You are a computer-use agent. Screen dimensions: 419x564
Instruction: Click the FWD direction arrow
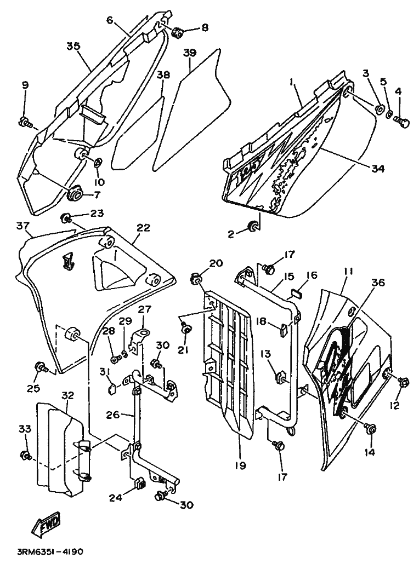[x=46, y=523]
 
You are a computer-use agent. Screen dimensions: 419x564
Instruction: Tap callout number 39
[x=190, y=53]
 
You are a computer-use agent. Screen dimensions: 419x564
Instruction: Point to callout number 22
[x=143, y=228]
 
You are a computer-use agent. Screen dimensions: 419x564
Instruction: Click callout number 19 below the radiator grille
[x=240, y=465]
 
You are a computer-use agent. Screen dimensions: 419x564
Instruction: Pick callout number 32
[x=67, y=396]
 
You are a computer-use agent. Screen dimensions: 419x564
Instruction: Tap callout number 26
[x=114, y=415]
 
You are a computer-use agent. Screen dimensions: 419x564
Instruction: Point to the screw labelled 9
[x=25, y=123]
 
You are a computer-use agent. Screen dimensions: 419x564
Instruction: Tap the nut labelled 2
[x=253, y=227]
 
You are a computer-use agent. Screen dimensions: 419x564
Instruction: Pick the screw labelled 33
[x=26, y=456]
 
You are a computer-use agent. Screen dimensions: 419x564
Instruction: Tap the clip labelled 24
[x=140, y=485]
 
